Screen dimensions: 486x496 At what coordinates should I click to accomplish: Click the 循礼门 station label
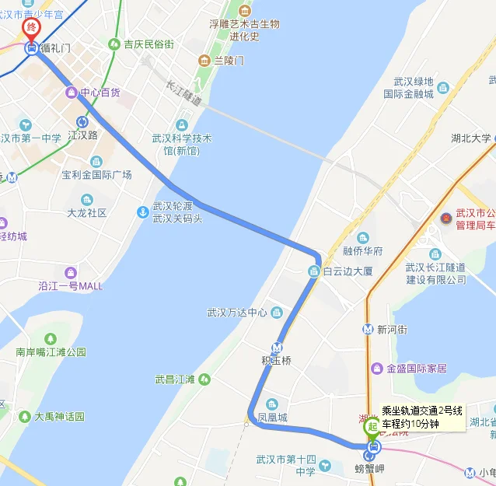(55, 48)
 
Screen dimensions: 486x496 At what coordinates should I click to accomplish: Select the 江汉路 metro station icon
(82, 121)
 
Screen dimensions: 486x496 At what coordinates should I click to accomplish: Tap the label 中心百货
(100, 93)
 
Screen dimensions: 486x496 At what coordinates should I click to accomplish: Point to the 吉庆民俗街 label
(148, 44)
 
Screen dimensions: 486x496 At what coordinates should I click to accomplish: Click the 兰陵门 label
(229, 60)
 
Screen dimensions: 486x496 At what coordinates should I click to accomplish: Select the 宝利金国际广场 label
(97, 175)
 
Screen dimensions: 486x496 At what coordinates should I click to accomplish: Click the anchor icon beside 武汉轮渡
(142, 212)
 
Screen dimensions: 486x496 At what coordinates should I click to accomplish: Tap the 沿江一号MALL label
(71, 286)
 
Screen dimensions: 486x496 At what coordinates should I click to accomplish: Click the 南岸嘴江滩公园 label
(51, 351)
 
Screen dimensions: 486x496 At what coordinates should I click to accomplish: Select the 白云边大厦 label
(348, 271)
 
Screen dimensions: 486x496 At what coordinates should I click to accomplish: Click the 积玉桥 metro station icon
(277, 348)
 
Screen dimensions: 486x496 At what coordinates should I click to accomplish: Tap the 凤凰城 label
(273, 418)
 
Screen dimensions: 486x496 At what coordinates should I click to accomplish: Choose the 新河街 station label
(392, 329)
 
